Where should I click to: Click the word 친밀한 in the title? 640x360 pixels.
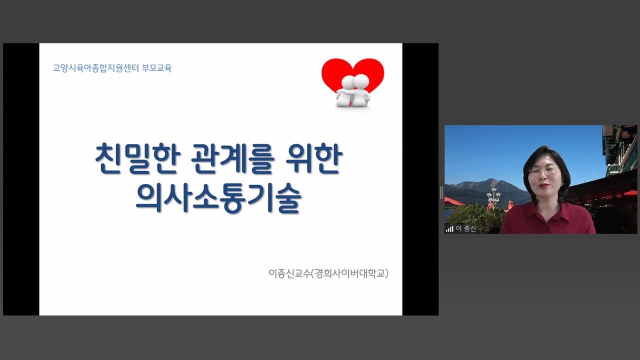(x=137, y=158)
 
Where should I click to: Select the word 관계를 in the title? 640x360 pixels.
(x=232, y=158)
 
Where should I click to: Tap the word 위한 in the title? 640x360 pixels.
(x=314, y=158)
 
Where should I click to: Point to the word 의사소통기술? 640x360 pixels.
(x=218, y=198)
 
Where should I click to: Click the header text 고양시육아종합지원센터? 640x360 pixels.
(x=95, y=68)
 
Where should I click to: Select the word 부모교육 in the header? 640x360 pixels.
(x=156, y=68)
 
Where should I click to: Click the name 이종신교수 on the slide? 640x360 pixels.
(x=289, y=273)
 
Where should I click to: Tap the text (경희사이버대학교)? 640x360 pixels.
(x=349, y=273)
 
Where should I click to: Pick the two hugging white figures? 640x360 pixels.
(x=353, y=91)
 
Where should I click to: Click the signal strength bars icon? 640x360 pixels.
(x=449, y=229)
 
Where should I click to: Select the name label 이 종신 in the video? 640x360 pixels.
(x=465, y=228)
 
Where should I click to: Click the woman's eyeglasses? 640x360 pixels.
(x=543, y=170)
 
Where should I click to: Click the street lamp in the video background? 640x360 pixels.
(x=493, y=197)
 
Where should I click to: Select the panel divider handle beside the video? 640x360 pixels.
(x=441, y=192)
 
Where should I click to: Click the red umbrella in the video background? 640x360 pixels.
(x=454, y=201)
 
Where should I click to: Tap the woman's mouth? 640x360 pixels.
(x=542, y=186)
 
